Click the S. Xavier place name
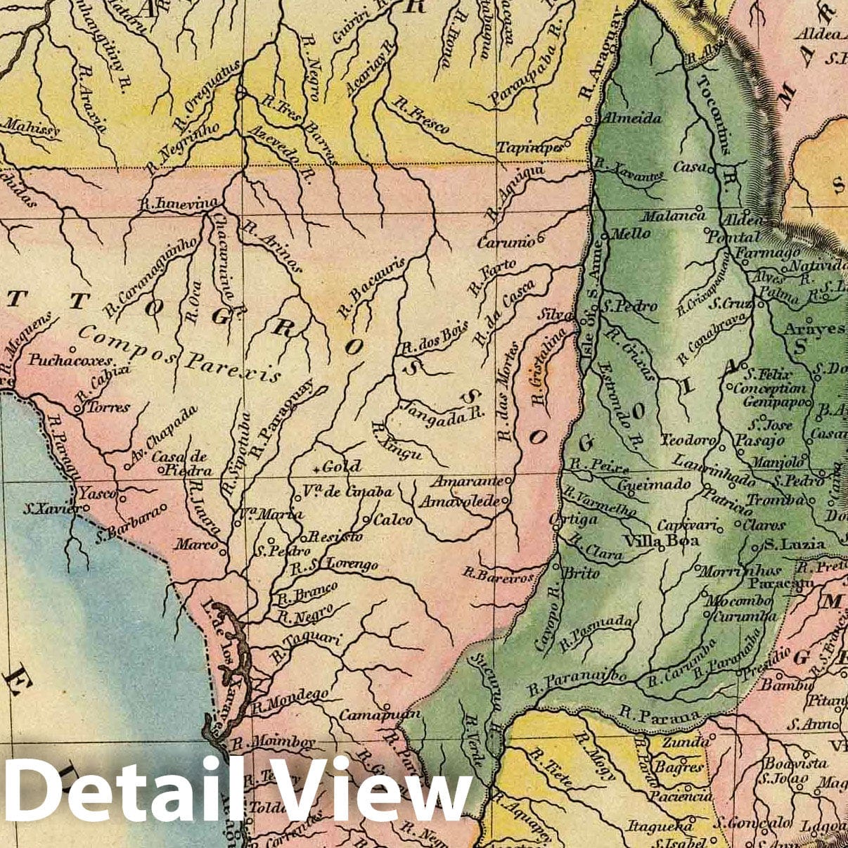click(x=47, y=507)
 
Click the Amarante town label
click(x=467, y=482)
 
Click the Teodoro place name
click(x=688, y=441)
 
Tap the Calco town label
click(x=392, y=520)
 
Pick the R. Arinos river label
click(x=271, y=246)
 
